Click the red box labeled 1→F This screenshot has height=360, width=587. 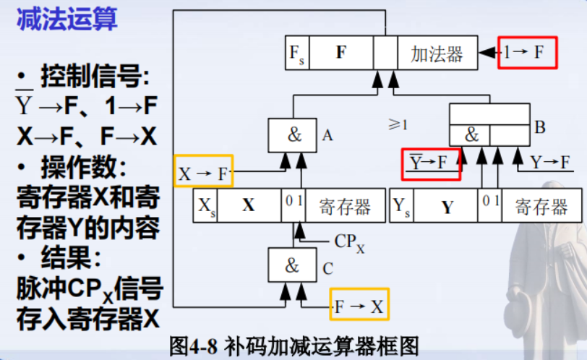tap(527, 52)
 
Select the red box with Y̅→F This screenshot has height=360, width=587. tap(431, 163)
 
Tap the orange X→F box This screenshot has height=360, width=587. tap(203, 173)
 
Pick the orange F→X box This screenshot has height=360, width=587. tap(359, 304)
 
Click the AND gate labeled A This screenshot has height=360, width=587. tap(292, 135)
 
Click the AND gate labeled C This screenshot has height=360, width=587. tap(292, 265)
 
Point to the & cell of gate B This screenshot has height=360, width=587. tap(470, 134)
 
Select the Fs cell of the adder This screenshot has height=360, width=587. tap(297, 53)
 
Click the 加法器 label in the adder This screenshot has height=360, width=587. tap(437, 53)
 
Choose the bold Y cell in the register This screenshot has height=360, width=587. tap(447, 207)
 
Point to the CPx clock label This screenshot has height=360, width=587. tap(349, 242)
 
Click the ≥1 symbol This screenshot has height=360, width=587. tap(398, 124)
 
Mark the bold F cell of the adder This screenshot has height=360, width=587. tap(341, 53)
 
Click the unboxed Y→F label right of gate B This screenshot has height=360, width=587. tap(549, 163)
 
